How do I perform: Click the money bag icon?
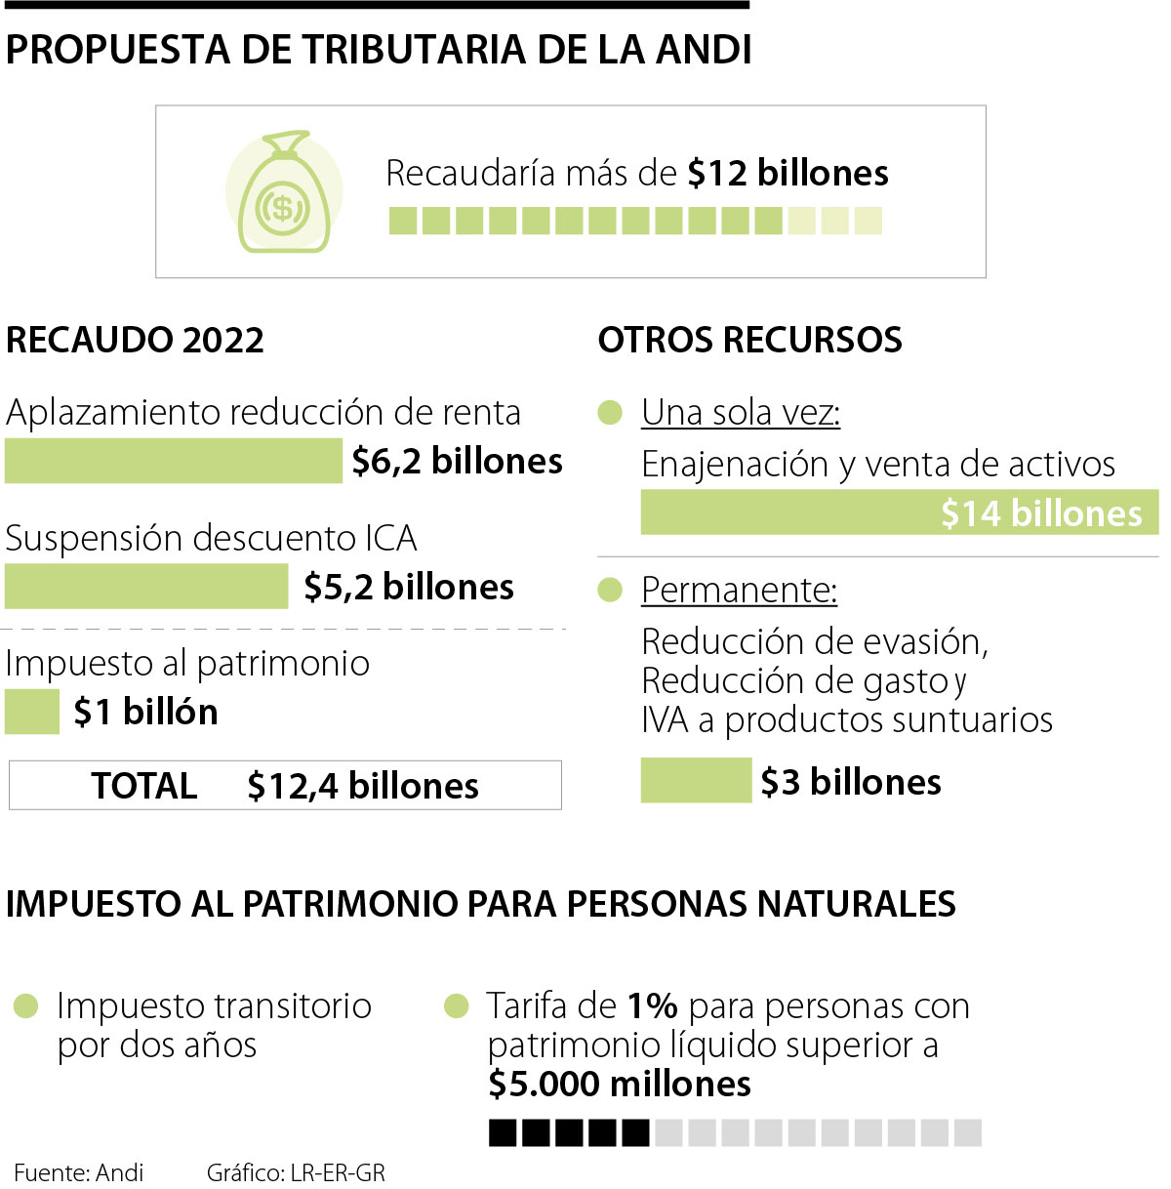(283, 193)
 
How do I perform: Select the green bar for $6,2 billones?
(173, 461)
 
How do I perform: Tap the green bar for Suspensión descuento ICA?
(146, 587)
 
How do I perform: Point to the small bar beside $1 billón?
(31, 712)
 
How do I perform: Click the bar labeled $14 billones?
(898, 512)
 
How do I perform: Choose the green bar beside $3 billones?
(696, 781)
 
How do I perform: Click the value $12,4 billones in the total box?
(363, 786)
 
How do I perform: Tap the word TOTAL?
(144, 786)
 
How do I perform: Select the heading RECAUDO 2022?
(135, 340)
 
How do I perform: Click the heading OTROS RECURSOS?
(749, 340)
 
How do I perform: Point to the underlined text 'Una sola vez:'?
(741, 413)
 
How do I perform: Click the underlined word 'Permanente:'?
(739, 591)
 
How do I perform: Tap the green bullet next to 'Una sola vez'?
(610, 413)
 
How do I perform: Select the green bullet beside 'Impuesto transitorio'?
(25, 1005)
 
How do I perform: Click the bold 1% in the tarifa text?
(652, 1005)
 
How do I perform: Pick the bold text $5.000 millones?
(620, 1084)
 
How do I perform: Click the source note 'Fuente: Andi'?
(79, 1172)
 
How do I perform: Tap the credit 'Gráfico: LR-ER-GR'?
(296, 1172)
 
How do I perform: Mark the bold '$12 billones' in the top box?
(787, 173)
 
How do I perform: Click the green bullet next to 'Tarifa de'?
(456, 1005)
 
